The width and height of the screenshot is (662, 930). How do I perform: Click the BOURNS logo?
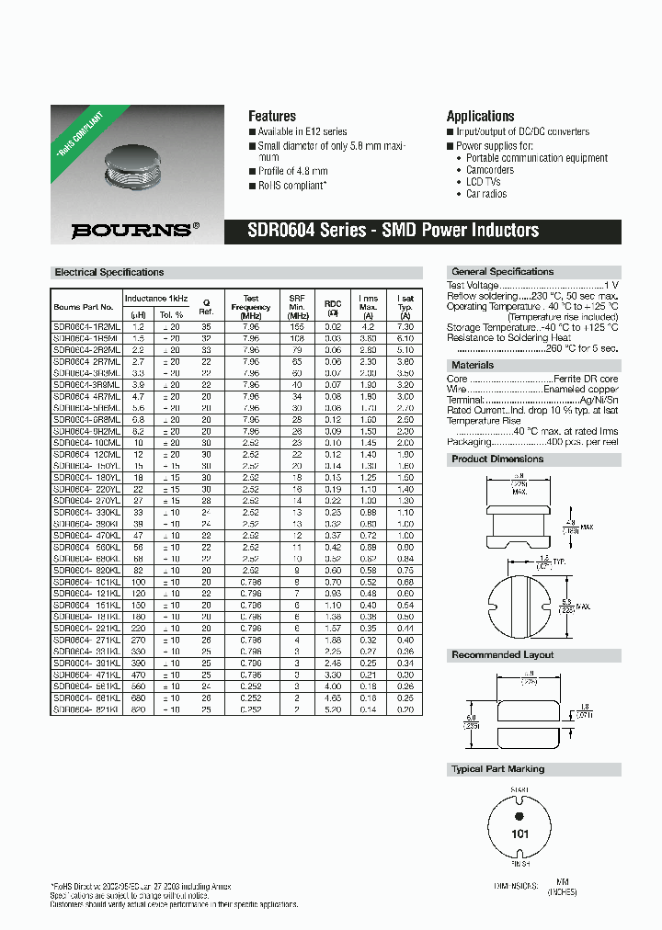pos(134,231)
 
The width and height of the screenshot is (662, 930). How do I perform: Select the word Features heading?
pos(272,117)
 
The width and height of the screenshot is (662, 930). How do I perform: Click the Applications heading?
pos(480,117)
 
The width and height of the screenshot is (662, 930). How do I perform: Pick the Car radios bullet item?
pos(486,194)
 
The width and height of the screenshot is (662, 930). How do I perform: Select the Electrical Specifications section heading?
pos(109,273)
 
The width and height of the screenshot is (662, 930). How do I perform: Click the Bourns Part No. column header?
pos(84,307)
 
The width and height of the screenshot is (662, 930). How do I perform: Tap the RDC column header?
pos(333,303)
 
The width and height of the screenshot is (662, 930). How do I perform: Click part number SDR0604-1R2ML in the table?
pos(86,326)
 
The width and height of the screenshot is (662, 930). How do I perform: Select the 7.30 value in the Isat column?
pos(405,326)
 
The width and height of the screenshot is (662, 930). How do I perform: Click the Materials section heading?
pos(473,366)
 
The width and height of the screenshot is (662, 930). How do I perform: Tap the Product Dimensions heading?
pos(497,459)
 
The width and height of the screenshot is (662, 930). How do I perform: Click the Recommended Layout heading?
pos(502,655)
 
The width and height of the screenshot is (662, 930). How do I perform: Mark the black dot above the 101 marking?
pos(519,816)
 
